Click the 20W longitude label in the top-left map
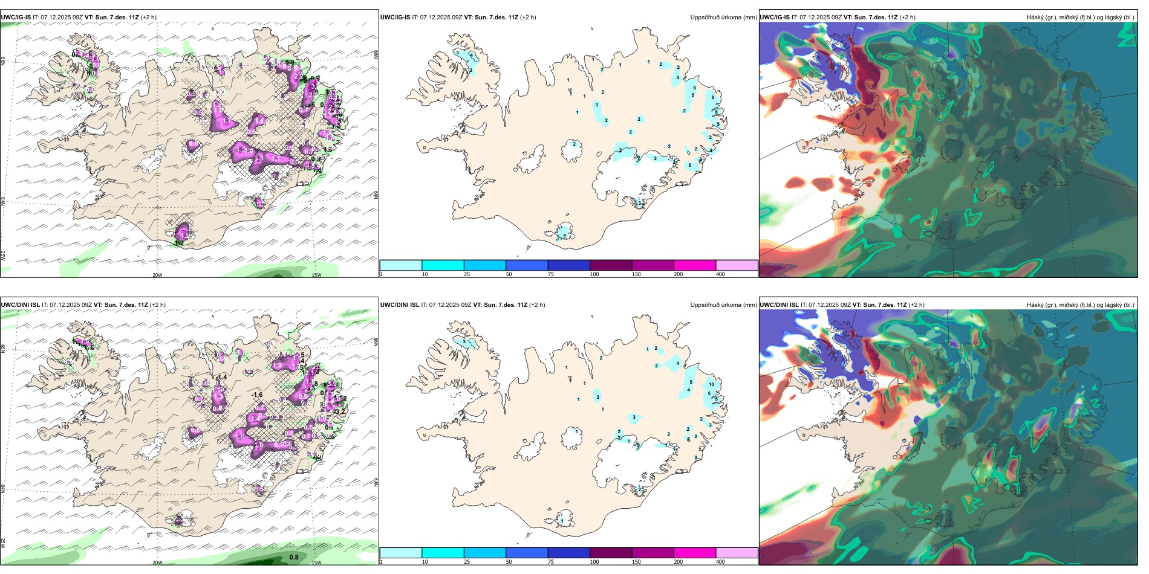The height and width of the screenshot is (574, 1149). tap(157, 275)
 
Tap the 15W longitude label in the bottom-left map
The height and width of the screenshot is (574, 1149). tap(316, 563)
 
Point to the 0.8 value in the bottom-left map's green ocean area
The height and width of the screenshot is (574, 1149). tap(294, 557)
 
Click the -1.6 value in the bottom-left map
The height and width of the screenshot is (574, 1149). tap(257, 395)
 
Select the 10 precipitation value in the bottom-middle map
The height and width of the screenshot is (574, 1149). tap(711, 384)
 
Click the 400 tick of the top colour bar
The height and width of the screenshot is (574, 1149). tap(720, 274)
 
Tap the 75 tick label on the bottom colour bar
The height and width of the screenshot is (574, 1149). tap(551, 562)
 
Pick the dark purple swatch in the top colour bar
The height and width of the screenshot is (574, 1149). tap(611, 265)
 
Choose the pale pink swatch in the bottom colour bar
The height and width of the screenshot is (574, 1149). tap(737, 553)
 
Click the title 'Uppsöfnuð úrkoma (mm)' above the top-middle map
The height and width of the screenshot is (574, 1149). tap(723, 18)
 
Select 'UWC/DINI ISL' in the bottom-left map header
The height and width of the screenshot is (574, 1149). tap(20, 305)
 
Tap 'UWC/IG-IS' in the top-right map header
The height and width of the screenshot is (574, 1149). tap(775, 18)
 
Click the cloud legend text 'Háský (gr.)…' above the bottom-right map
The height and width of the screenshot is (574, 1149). tap(1080, 305)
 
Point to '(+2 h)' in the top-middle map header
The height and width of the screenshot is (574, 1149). tap(528, 18)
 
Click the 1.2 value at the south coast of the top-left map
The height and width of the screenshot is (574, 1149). tap(179, 243)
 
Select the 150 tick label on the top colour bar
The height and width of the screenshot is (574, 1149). tap(636, 274)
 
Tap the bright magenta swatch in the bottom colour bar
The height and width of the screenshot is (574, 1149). tap(695, 553)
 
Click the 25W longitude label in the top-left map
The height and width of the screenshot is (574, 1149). tap(3, 256)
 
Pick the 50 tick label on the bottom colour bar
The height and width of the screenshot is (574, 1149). tap(509, 562)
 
